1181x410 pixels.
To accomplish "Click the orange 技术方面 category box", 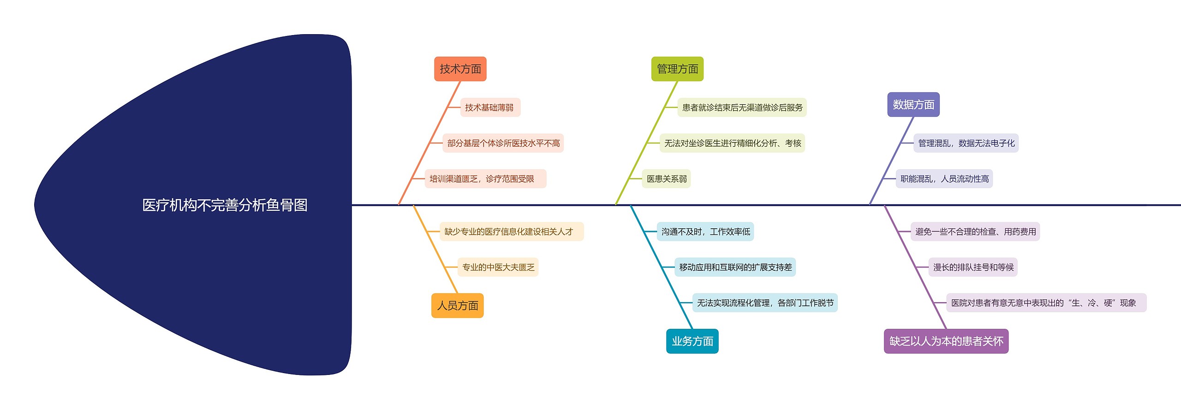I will [x=460, y=69].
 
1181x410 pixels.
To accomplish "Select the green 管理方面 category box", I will [x=677, y=69].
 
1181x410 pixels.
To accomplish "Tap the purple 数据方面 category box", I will [x=913, y=105].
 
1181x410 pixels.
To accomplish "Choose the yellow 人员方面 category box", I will [x=457, y=306].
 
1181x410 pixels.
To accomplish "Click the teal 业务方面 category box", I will [x=692, y=341].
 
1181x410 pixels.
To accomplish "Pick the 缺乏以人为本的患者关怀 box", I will [x=946, y=341].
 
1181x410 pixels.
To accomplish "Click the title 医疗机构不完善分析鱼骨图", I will [x=225, y=205].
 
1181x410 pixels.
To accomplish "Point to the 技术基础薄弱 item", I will [x=489, y=107].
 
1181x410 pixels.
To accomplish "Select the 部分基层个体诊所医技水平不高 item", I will [x=503, y=143].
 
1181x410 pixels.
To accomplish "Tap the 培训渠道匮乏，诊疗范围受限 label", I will [x=482, y=179].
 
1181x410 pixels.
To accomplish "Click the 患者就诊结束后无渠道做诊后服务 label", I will [x=742, y=107].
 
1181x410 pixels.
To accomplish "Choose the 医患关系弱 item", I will [x=666, y=179].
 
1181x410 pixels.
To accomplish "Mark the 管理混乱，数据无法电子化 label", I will [x=966, y=143].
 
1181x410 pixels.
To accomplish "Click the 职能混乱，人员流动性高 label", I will [x=944, y=179].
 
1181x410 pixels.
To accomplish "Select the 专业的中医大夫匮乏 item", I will [x=498, y=267].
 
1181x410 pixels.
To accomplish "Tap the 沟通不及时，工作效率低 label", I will [x=705, y=232].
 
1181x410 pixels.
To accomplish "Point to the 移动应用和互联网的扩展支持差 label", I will [x=735, y=267].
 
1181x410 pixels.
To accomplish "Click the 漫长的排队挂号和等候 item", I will [x=973, y=267].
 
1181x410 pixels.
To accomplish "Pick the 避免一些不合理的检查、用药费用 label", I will [x=975, y=232].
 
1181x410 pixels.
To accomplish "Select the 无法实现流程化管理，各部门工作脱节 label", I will [x=765, y=303].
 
